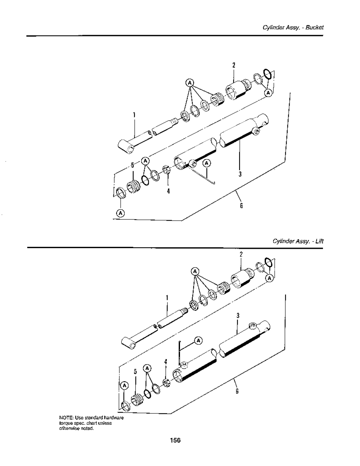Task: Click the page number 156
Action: (x=175, y=440)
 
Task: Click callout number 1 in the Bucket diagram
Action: (x=134, y=115)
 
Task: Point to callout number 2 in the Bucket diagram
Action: (x=234, y=65)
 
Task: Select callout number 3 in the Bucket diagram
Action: (x=240, y=174)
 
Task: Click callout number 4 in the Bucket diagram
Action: (x=168, y=191)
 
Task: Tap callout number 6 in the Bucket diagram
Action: (x=241, y=206)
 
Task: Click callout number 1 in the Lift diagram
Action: (x=167, y=298)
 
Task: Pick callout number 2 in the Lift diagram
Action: (x=241, y=254)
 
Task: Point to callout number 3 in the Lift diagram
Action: (x=238, y=316)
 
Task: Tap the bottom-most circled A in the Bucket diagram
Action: (x=120, y=213)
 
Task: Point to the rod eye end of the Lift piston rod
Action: (x=129, y=343)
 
